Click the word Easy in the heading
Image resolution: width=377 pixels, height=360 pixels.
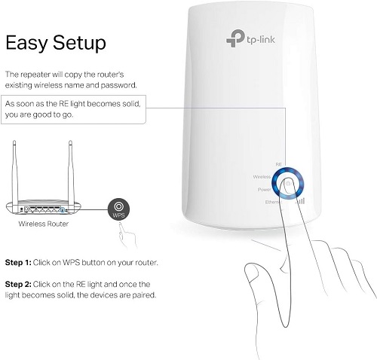26,43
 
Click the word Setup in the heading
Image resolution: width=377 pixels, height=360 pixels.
79,43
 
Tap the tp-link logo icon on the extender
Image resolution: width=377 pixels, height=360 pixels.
235,38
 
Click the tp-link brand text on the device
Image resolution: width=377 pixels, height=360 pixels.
261,40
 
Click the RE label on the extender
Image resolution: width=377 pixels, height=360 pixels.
278,164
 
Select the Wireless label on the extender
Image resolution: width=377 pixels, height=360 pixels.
262,177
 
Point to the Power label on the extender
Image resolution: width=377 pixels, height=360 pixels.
264,190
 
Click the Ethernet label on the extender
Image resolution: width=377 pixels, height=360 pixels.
273,202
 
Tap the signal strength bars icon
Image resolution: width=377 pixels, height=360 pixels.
300,201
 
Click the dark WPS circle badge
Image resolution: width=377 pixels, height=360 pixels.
118,209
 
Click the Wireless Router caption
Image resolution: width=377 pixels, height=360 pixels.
43,224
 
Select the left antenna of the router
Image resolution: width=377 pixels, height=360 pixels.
15,172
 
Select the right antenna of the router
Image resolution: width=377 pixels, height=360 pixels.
71,172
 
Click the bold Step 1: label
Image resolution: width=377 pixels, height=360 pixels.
18,263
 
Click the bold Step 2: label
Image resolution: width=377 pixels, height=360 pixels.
18,284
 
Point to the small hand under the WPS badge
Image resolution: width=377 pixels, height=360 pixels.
127,235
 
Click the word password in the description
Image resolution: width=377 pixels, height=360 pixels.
118,86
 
